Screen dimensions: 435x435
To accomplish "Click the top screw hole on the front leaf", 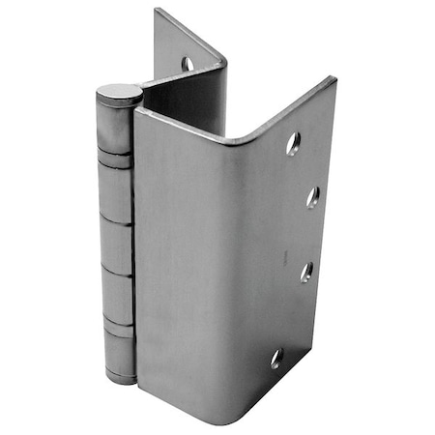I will pos(293,143).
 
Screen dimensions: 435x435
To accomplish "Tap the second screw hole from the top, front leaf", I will pos(313,197).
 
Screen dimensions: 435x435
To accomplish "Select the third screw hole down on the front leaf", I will pos(306,272).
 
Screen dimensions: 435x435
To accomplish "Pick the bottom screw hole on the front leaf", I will pos(277,359).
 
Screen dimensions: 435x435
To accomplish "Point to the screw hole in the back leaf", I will pos(188,64).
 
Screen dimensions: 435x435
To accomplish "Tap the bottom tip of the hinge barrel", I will pos(121,379).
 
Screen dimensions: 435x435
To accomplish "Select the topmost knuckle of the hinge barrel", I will pos(114,126).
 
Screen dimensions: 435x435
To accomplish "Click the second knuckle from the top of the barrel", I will pos(116,193).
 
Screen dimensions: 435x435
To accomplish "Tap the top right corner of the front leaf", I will pos(333,78).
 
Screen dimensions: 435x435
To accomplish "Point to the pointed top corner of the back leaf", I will pos(156,11).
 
